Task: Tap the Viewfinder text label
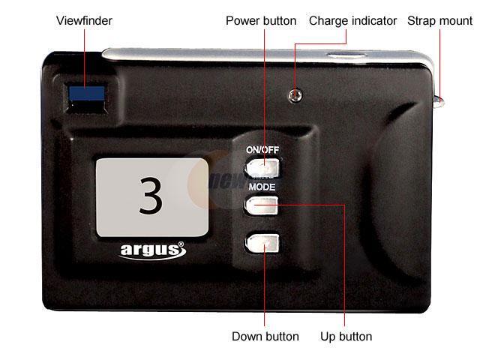pos(84,21)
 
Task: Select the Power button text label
pos(261,21)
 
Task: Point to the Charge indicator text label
pos(352,21)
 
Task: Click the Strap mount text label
pos(440,21)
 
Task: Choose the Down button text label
pos(265,336)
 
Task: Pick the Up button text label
pos(345,336)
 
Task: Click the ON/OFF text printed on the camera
pos(262,150)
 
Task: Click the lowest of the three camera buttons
pos(262,242)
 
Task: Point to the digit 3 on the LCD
pos(151,196)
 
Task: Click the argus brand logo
pos(148,250)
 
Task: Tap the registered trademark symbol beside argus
pos(180,244)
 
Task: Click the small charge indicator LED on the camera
pos(295,95)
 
